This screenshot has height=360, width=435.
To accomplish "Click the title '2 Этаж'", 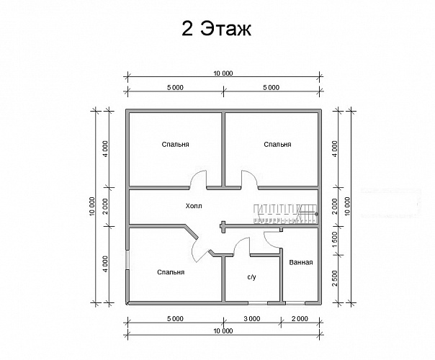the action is pyautogui.click(x=216, y=28).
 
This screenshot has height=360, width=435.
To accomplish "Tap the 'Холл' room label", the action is pyautogui.click(x=194, y=206).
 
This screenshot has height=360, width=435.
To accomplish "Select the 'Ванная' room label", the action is pyautogui.click(x=301, y=262).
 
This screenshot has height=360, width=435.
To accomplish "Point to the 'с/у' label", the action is pyautogui.click(x=251, y=276).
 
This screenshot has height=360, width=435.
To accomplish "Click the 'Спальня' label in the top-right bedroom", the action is pyautogui.click(x=277, y=144).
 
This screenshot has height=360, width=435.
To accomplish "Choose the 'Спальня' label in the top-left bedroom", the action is pyautogui.click(x=175, y=144).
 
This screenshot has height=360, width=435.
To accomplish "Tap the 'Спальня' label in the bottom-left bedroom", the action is pyautogui.click(x=171, y=272).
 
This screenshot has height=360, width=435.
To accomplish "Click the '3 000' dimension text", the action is pyautogui.click(x=252, y=319).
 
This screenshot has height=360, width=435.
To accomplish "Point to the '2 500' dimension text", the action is pyautogui.click(x=335, y=278).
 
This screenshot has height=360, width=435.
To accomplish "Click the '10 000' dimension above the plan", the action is pyautogui.click(x=223, y=73).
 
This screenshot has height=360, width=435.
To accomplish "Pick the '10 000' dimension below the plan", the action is pyautogui.click(x=223, y=331).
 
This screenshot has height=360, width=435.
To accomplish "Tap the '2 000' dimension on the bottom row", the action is pyautogui.click(x=300, y=319).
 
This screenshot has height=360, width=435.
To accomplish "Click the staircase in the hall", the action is pyautogui.click(x=286, y=214).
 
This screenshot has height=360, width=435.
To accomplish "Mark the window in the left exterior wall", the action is pyautogui.click(x=127, y=260).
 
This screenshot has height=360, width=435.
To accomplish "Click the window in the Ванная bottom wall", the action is pyautogui.click(x=295, y=303).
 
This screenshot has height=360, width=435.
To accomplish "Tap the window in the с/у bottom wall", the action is pyautogui.click(x=258, y=303).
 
